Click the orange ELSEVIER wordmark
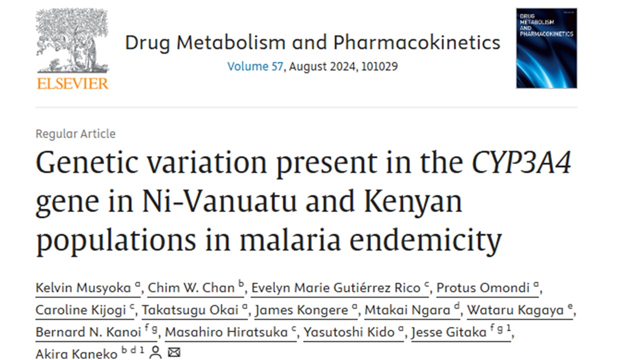[x=72, y=83]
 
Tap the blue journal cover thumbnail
[x=546, y=48]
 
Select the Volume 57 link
[x=255, y=66]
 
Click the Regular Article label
[x=75, y=134]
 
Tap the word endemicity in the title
[x=425, y=240]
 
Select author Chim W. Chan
[x=191, y=288]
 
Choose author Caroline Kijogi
[x=80, y=310]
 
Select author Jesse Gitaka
[x=448, y=332]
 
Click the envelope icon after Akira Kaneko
[x=173, y=353]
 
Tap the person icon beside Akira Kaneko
[x=155, y=353]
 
